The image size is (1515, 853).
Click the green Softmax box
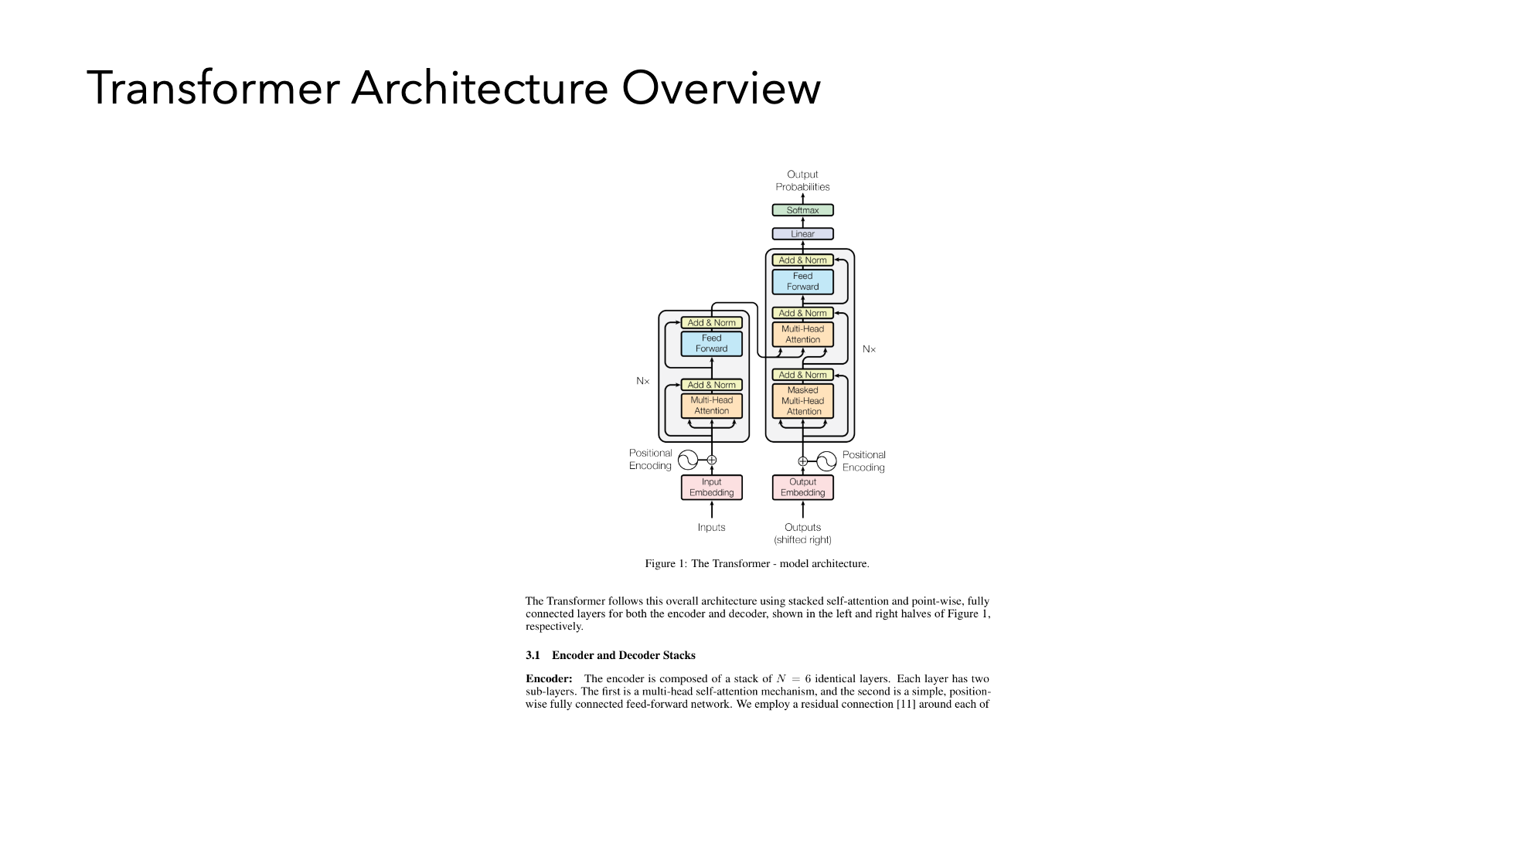point(802,210)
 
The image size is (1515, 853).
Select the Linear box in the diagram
point(802,233)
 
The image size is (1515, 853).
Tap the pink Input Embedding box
point(711,488)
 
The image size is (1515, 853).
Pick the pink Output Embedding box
point(802,488)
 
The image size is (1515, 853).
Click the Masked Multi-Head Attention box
point(802,401)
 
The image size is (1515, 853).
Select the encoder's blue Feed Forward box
point(711,344)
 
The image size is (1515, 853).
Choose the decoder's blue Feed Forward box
point(802,281)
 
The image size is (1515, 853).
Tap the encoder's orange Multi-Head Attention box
point(711,406)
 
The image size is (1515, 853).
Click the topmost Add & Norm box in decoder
point(802,260)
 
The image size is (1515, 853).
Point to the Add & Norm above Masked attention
point(802,375)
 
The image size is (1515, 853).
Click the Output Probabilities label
point(802,181)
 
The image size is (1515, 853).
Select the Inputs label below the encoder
point(711,528)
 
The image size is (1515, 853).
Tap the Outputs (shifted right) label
point(802,534)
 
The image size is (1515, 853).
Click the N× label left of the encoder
point(643,381)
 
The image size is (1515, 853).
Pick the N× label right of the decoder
point(870,349)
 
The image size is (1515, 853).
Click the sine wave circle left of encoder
point(688,460)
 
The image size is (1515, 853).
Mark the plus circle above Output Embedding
point(802,461)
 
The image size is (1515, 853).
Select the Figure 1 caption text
point(757,564)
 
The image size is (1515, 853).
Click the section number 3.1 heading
point(533,655)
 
